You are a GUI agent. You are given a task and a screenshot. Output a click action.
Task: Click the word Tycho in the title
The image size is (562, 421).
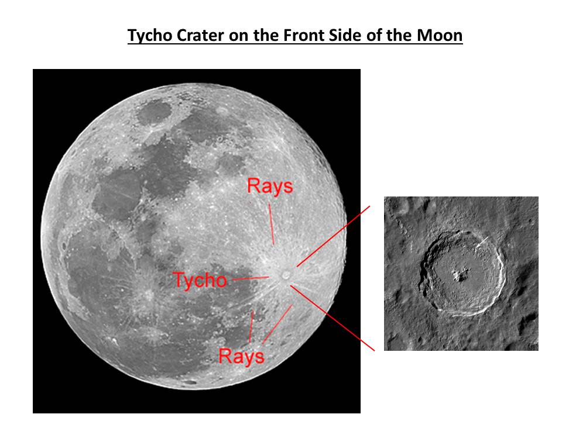150,36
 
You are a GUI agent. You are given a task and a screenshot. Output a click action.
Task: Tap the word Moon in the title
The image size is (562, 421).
440,36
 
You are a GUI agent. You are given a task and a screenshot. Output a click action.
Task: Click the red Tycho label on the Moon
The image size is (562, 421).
200,280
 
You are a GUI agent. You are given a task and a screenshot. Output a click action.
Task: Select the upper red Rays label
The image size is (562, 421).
270,187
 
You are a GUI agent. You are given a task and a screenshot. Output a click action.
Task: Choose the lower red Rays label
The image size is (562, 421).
241,356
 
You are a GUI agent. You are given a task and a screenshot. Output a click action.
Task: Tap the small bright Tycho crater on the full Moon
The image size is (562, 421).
286,275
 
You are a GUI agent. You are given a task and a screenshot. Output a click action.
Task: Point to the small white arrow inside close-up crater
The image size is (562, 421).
482,241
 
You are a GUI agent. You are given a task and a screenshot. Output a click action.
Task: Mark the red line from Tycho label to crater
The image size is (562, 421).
251,278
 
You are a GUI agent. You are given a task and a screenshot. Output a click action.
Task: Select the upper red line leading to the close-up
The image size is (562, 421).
333,236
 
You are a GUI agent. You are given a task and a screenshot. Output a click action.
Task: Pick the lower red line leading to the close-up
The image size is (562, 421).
333,318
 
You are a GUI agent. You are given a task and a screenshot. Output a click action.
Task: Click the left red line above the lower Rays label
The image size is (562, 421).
251,326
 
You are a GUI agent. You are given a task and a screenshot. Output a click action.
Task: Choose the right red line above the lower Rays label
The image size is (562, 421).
277,325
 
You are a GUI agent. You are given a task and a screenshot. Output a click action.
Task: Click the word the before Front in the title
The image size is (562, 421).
267,36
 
